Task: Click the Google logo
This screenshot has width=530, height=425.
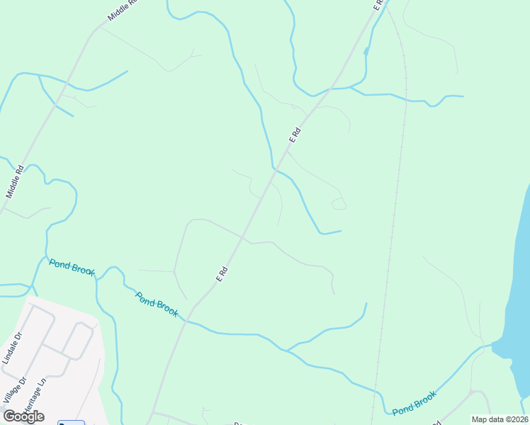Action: (23, 416)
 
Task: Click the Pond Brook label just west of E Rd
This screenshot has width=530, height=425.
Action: (157, 305)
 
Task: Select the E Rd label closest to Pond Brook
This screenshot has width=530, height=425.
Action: (222, 273)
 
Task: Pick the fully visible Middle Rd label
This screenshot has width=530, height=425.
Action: (15, 181)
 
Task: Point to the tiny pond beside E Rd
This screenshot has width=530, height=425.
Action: (366, 51)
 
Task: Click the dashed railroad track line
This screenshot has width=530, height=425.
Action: (394, 212)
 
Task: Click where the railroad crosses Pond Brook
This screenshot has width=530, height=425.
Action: (374, 390)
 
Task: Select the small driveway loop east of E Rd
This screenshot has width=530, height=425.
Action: (339, 204)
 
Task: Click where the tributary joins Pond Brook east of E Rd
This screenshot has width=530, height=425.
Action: (286, 350)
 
